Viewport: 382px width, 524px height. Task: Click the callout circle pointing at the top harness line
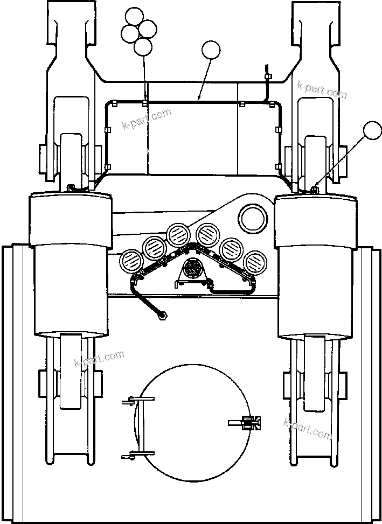211,51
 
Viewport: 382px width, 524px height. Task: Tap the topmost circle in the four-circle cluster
133,18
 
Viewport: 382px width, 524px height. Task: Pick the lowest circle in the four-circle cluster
143,47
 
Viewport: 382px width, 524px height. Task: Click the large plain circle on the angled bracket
253,219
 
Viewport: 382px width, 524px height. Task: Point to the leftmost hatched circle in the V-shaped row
131,263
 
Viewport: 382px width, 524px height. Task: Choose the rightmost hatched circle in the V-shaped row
255,263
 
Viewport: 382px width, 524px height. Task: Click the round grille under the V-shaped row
192,268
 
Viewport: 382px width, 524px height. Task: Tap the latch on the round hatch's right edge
248,424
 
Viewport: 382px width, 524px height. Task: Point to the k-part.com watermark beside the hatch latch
308,427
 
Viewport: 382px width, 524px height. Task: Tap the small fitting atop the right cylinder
315,188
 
